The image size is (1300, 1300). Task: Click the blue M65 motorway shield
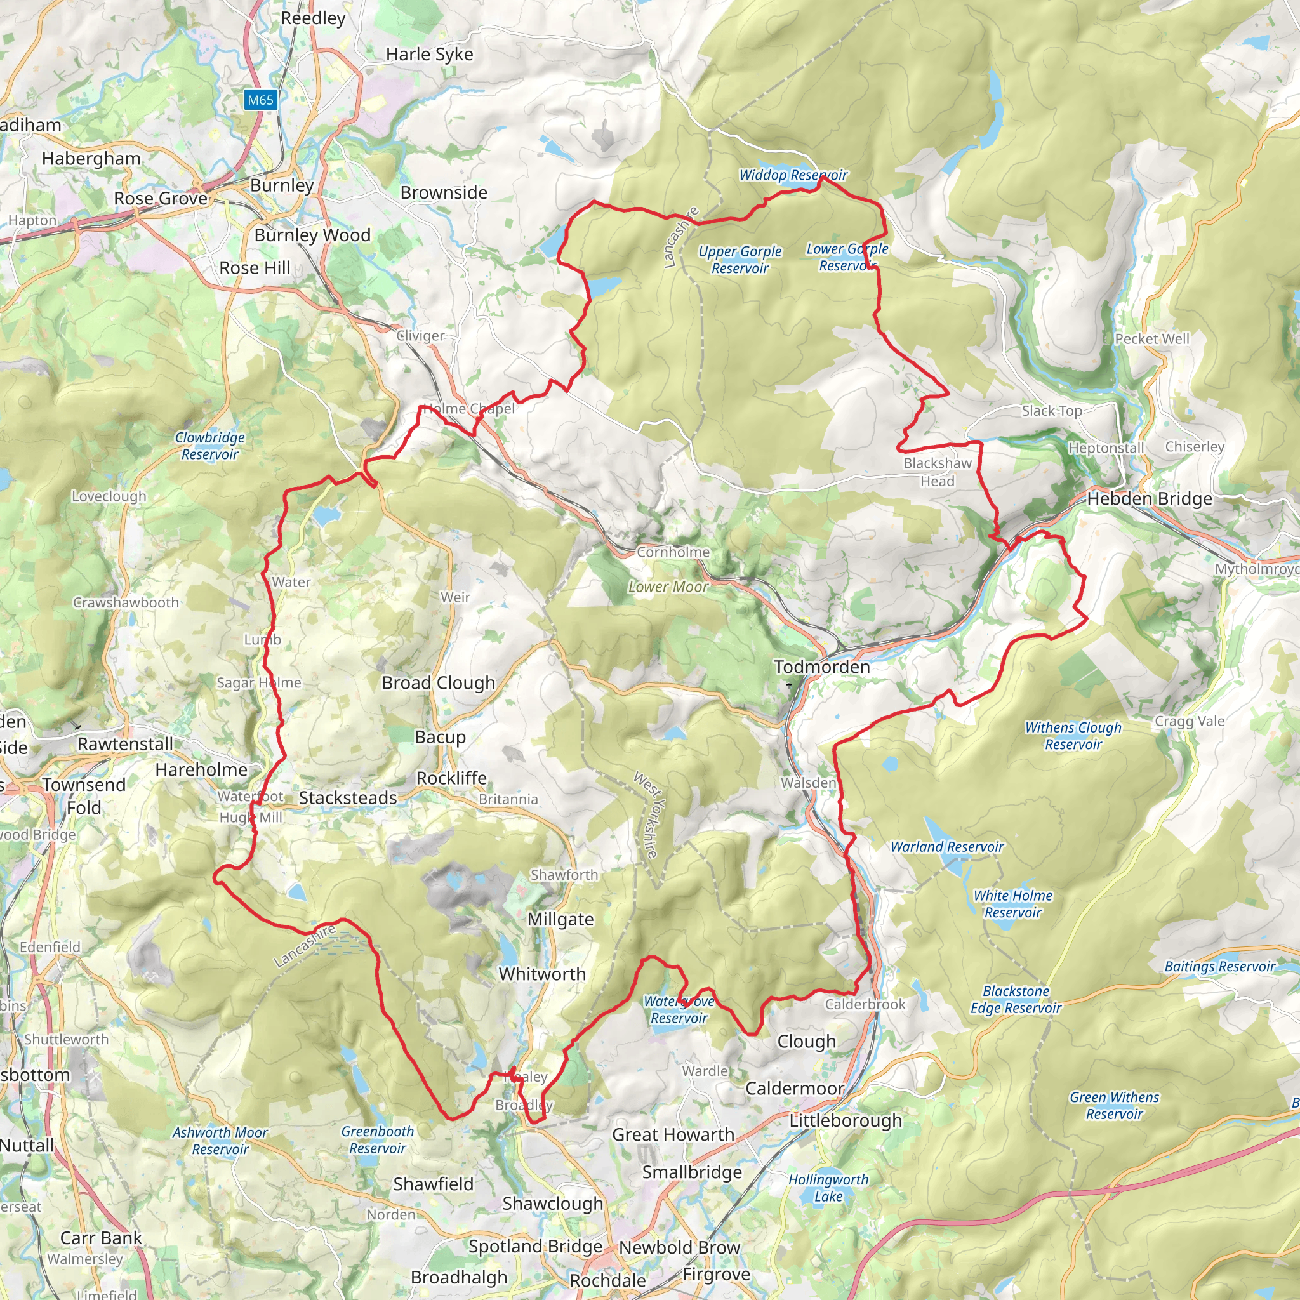click(260, 100)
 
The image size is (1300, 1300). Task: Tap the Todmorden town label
click(821, 667)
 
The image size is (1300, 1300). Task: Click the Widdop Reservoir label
click(793, 175)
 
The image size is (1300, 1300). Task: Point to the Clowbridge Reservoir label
click(210, 446)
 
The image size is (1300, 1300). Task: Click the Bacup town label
click(440, 737)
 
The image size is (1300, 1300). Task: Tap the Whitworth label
click(542, 974)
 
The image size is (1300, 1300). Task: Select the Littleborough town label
click(845, 1120)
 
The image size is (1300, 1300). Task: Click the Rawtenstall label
click(125, 743)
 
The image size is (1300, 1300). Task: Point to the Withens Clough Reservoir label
click(1073, 736)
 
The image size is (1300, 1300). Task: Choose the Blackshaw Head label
click(938, 472)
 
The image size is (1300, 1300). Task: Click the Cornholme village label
click(673, 552)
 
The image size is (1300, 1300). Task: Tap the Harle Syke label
click(429, 54)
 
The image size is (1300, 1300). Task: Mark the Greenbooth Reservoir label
click(378, 1140)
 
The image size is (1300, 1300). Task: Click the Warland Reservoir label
click(946, 847)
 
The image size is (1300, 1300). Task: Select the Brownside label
click(444, 192)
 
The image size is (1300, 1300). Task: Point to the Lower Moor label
click(668, 587)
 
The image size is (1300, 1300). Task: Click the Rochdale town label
click(607, 1280)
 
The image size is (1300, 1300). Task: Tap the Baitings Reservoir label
click(1220, 966)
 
